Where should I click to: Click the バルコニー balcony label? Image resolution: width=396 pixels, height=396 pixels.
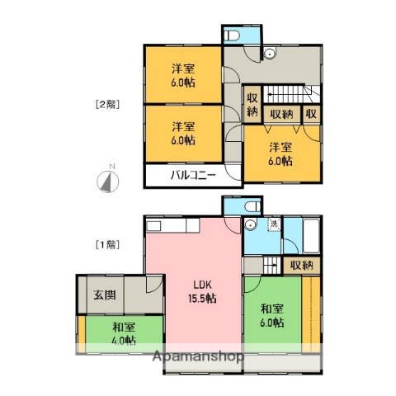[194, 176]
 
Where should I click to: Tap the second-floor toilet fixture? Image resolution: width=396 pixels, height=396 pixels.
[233, 36]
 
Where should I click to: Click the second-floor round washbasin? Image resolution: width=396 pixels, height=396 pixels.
[269, 54]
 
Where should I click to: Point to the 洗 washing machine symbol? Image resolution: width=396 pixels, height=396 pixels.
[272, 224]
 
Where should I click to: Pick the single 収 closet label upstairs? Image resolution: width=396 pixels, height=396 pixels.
[311, 114]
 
